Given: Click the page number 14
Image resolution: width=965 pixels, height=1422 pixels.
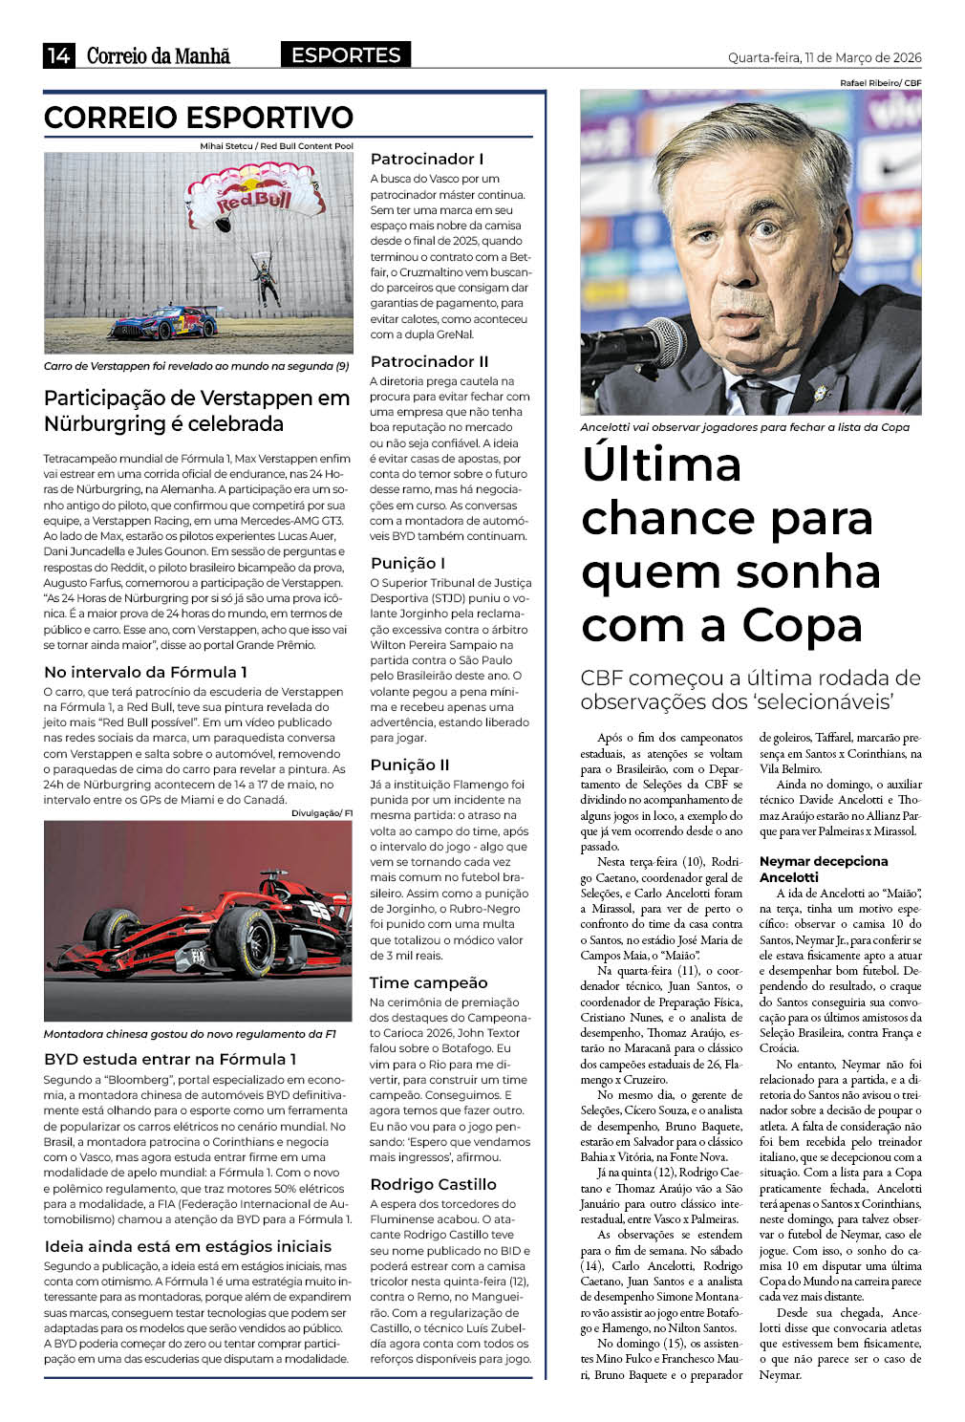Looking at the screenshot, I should pos(58,55).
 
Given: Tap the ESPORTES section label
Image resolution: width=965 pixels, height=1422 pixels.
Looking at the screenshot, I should pos(346,55).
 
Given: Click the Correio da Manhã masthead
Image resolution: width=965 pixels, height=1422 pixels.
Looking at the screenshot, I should pos(159,55).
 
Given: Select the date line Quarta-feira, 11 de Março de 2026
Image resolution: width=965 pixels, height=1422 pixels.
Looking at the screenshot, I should pos(825,57).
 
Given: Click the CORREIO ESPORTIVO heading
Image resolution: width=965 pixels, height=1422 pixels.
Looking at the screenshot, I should pos(199,118).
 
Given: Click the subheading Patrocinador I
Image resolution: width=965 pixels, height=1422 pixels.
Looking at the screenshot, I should pos(427,159).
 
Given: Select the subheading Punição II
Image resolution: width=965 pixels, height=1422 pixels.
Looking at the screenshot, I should pos(410,765).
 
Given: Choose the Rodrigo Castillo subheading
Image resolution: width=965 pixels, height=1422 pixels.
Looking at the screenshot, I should pos(433,1184).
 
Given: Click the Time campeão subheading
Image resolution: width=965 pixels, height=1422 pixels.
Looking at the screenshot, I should pos(428,982).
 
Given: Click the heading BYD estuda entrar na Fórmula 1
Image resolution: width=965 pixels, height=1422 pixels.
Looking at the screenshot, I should pos(170,1059).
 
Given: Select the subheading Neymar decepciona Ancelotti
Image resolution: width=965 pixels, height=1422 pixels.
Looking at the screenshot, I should pos(824,869).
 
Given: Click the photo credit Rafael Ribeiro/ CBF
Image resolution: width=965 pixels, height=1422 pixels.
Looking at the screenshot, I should pos(880,83).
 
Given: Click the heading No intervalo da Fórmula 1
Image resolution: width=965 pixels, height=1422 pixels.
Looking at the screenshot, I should pos(145,672).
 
